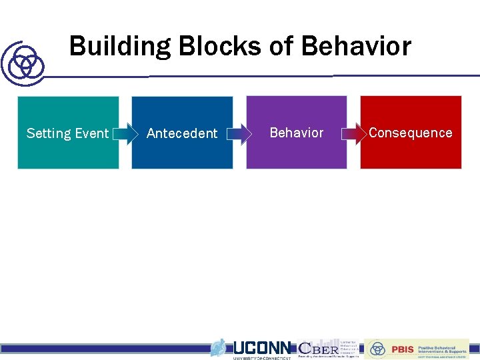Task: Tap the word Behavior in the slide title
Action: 356,47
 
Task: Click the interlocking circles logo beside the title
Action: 24,64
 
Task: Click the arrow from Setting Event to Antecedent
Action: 124,134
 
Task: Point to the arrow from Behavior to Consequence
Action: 353,134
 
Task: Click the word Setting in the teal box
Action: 49,133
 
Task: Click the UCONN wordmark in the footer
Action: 261,347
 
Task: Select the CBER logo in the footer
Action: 318,348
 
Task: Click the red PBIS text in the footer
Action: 402,349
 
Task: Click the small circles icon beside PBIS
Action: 378,349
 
